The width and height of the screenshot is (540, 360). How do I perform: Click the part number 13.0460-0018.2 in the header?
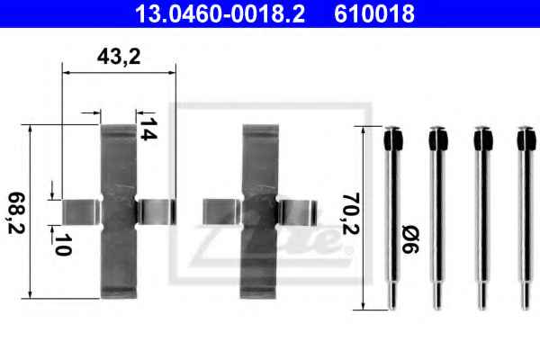(x=220, y=13)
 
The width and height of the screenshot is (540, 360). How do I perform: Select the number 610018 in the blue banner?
(x=374, y=13)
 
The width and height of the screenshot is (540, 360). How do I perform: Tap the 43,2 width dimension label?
(x=119, y=57)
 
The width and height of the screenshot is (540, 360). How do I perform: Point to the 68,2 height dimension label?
(x=16, y=213)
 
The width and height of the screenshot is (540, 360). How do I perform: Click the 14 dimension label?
(x=148, y=129)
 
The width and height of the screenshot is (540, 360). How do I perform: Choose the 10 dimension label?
(x=63, y=245)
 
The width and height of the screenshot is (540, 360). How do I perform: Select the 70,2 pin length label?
(x=351, y=214)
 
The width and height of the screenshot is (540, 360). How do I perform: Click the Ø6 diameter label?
(x=410, y=239)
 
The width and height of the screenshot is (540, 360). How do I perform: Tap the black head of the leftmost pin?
(x=393, y=139)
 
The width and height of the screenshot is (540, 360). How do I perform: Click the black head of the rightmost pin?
(x=526, y=139)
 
